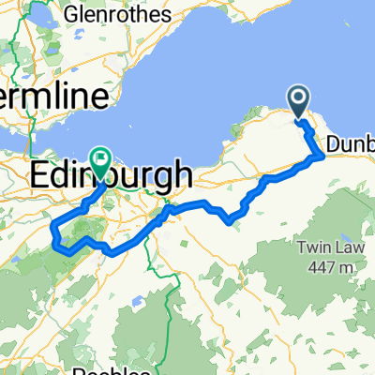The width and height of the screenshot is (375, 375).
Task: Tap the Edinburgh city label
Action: [x=112, y=174]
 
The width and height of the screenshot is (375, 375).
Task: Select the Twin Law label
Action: [x=323, y=247]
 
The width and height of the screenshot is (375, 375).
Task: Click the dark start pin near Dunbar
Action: [x=299, y=102]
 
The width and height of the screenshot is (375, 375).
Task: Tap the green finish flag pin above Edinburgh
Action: [x=99, y=160]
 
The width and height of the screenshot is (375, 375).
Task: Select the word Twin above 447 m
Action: [x=315, y=247]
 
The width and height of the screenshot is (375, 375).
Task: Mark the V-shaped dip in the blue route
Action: [x=229, y=222]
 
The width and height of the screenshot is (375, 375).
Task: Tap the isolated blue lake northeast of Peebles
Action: [x=136, y=303]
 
